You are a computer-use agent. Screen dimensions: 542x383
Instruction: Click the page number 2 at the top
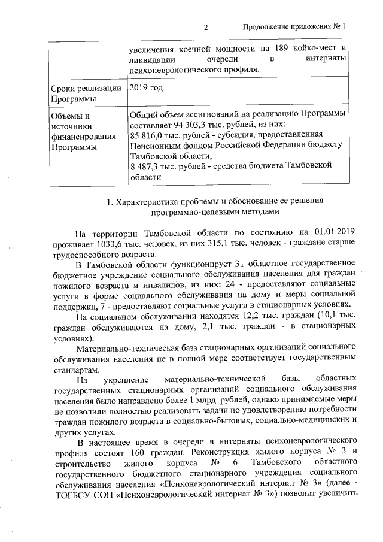click(205, 27)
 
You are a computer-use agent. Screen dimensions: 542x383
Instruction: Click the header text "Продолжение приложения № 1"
click(294, 27)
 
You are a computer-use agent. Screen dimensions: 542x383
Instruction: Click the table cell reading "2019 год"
click(146, 88)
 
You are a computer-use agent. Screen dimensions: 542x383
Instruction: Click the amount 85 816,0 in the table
click(148, 135)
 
